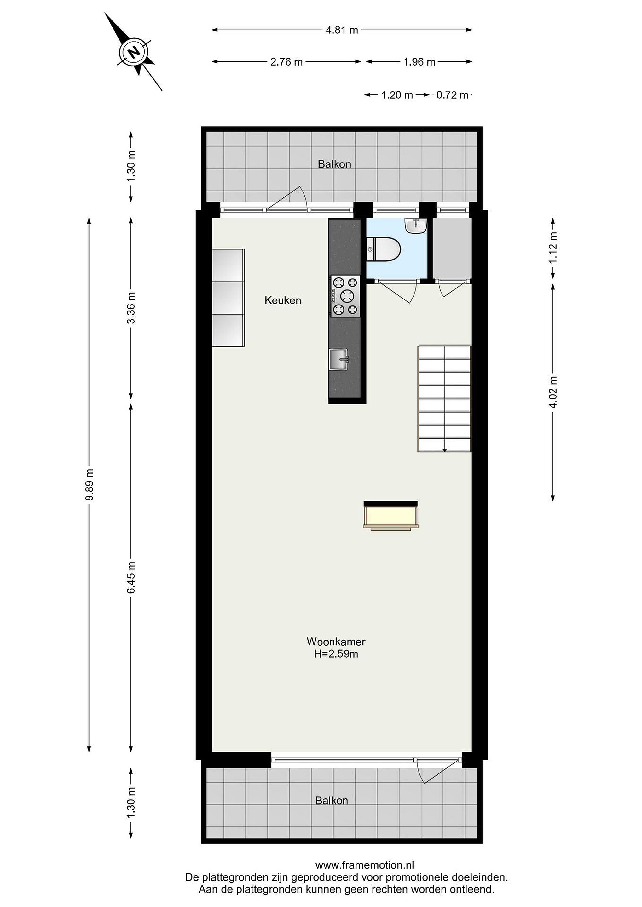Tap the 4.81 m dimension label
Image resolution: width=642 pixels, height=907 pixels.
tap(342, 30)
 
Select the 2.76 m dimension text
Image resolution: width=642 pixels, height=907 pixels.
tap(286, 62)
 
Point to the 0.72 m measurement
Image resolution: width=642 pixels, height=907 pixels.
tap(452, 95)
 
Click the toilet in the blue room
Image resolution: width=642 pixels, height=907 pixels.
tap(384, 249)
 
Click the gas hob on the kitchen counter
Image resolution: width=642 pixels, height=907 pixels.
tap(345, 296)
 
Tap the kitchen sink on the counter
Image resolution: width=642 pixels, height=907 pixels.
tap(339, 359)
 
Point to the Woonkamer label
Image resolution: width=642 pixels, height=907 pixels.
tap(336, 642)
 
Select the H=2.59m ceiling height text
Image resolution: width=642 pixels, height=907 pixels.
tap(336, 654)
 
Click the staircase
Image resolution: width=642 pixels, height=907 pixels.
tap(445, 399)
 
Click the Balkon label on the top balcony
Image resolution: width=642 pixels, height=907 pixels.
tap(334, 164)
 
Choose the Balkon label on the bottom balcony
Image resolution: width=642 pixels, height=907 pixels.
tap(332, 801)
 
